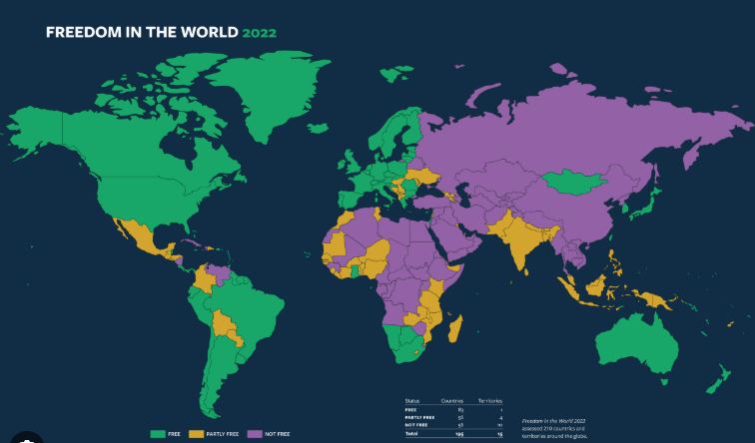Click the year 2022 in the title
point(259,32)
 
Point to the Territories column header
point(486,400)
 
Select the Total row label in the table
point(410,434)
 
